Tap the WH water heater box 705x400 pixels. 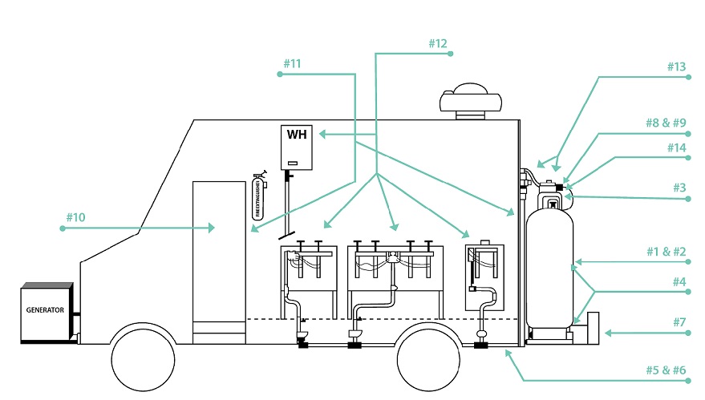click(x=297, y=147)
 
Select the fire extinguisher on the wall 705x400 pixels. click(x=259, y=196)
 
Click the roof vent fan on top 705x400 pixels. click(x=471, y=99)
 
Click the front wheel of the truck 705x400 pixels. click(x=143, y=359)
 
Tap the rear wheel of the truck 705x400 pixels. click(x=429, y=359)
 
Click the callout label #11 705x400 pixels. click(x=294, y=63)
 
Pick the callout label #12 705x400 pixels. click(x=436, y=43)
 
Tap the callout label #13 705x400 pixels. click(x=676, y=67)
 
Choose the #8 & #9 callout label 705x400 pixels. click(x=666, y=123)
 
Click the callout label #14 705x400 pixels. click(x=676, y=147)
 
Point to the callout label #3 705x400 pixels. click(x=679, y=188)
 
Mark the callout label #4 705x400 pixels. click(x=679, y=281)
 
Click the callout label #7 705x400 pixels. click(x=679, y=321)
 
